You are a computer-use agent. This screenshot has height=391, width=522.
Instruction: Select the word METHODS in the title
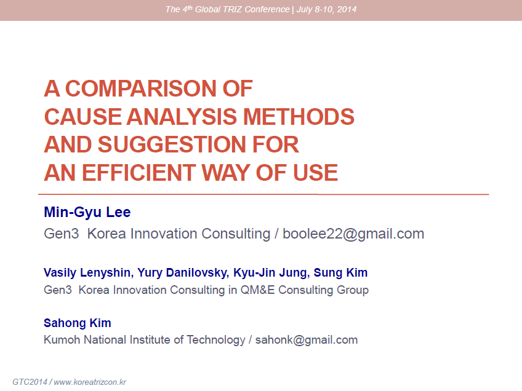coord(299,117)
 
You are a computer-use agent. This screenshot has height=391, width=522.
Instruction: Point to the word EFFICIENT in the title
coord(139,173)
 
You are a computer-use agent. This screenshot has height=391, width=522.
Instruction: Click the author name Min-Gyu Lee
coord(87,213)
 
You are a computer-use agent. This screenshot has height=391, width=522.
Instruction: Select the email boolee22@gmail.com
coord(353,234)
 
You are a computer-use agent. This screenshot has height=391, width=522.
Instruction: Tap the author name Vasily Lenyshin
coord(87,272)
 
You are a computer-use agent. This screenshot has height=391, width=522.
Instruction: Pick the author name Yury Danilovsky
coord(182,272)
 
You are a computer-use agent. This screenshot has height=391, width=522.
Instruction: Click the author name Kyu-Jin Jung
coord(270,272)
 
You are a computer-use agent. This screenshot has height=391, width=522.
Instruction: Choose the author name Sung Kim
coord(340,272)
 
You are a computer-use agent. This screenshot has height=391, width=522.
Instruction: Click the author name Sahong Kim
coord(77,323)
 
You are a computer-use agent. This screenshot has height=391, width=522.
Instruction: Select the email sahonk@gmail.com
coord(307,340)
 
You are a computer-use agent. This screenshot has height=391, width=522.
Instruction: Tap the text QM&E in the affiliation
coord(257,290)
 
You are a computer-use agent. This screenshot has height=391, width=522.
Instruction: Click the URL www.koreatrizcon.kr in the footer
coord(90,382)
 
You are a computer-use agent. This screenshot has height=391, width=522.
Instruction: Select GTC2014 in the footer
coord(30,382)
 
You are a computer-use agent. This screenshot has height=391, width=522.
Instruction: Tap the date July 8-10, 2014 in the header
coord(326,9)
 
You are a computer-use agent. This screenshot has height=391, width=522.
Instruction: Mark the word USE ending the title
coord(315,173)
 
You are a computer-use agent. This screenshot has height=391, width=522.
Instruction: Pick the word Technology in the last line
coord(215,340)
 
